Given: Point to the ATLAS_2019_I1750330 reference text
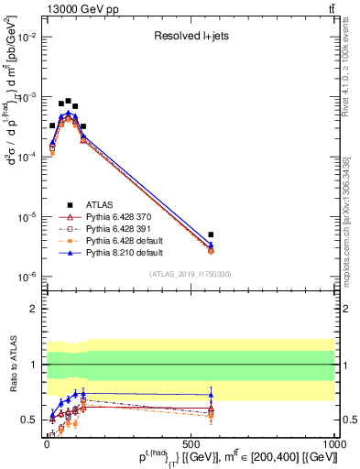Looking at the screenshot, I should (x=189, y=274).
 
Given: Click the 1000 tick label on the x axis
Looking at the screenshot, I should (x=334, y=443).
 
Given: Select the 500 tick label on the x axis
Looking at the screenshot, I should (x=190, y=443).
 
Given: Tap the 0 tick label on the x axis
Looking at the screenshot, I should (x=46, y=443).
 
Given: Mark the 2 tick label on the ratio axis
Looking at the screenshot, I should (x=33, y=309).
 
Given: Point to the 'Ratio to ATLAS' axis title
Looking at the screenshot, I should (x=12, y=365).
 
